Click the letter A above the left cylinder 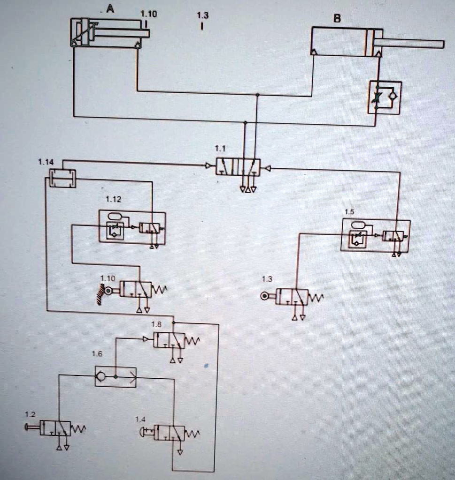pyautogui.click(x=110, y=8)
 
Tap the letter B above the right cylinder pyautogui.click(x=337, y=19)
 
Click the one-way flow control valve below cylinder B pyautogui.click(x=385, y=97)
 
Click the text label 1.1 pyautogui.click(x=220, y=149)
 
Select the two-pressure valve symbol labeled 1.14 pyautogui.click(x=62, y=179)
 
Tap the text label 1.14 pyautogui.click(x=46, y=162)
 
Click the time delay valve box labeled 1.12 pyautogui.click(x=132, y=227)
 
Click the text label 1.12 pyautogui.click(x=113, y=199)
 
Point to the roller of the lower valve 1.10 pyautogui.click(x=108, y=291)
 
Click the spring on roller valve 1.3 pyautogui.click(x=316, y=298)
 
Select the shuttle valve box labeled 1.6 pyautogui.click(x=116, y=376)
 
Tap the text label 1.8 pyautogui.click(x=156, y=324)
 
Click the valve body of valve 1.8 pyautogui.click(x=169, y=340)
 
